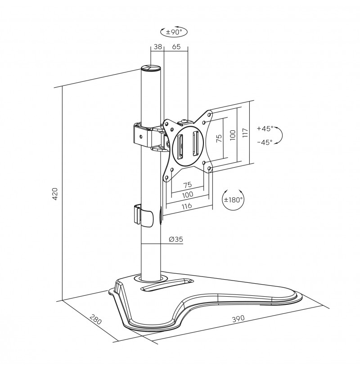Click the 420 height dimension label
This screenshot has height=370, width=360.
54,194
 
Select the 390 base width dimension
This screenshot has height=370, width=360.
238,319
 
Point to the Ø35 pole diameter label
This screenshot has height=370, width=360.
176,239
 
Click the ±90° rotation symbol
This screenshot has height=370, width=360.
174,31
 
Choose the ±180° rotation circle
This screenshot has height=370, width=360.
234,200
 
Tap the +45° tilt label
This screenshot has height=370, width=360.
265,129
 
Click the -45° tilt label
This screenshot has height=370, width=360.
265,142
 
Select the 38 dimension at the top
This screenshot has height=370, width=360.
158,46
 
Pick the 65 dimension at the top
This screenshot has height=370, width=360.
176,46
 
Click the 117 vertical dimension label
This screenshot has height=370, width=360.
245,133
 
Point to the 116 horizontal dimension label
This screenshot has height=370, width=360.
187,206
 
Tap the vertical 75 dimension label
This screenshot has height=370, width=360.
219,138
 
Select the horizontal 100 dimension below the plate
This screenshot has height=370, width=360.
188,195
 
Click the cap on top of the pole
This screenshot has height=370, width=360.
151,68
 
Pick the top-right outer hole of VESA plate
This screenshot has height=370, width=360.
209,115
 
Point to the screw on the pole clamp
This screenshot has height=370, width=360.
141,136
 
